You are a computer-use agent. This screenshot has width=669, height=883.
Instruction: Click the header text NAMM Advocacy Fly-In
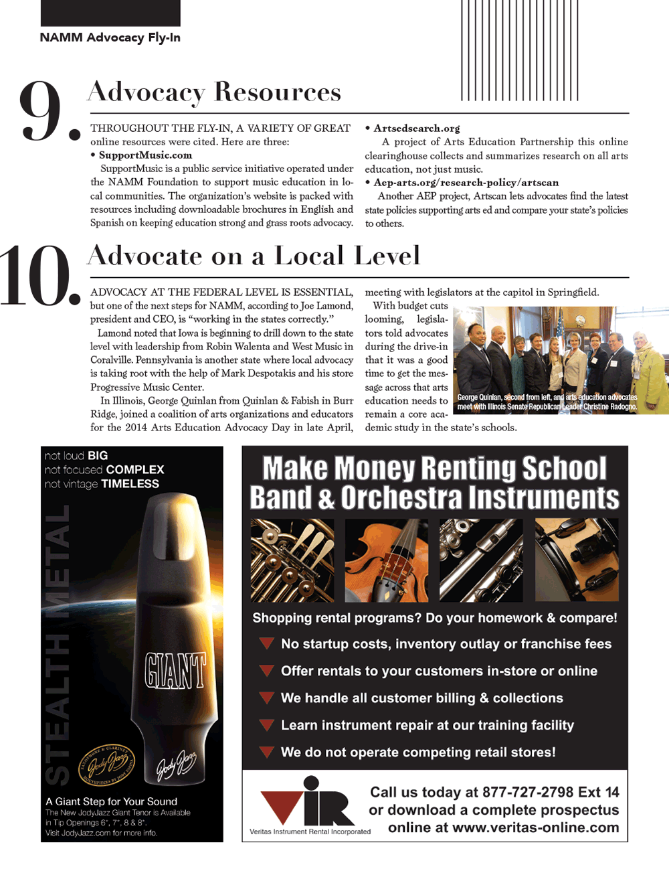110,37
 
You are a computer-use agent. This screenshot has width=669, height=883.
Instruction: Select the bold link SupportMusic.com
145,155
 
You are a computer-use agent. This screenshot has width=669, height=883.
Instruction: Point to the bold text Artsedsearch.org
417,128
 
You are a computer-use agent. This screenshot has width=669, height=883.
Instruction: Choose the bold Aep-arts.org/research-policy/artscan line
466,182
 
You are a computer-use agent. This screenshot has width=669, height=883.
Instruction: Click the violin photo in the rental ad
387,560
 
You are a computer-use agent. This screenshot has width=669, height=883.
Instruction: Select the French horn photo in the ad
292,560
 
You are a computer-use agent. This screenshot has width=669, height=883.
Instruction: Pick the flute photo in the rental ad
481,560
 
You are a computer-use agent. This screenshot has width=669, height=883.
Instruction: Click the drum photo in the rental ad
576,560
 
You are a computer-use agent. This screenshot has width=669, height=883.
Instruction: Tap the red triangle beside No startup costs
266,643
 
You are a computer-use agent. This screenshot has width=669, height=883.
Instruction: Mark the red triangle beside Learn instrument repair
266,725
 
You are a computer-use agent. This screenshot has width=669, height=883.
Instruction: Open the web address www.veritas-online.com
535,828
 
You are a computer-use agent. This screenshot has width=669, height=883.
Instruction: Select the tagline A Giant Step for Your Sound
112,801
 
